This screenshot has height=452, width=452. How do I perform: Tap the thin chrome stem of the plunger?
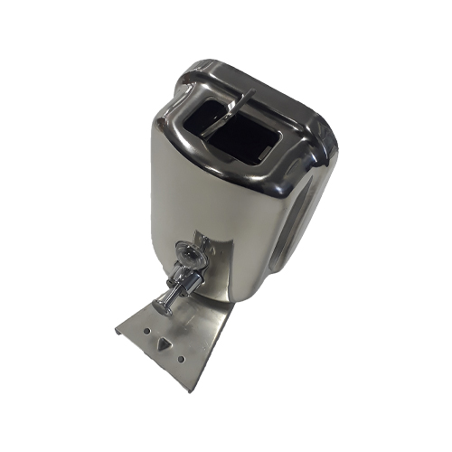[x=165, y=302]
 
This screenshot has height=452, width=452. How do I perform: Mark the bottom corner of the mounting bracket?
[x=187, y=390]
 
